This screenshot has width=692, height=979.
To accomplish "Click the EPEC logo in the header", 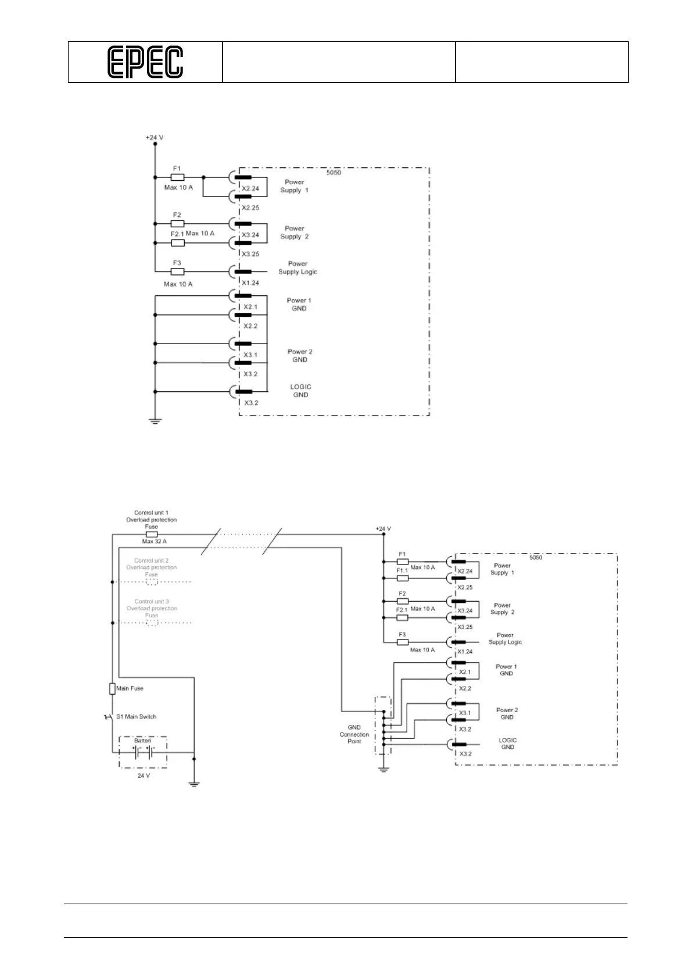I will (x=145, y=62).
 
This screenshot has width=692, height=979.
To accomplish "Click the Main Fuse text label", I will (x=130, y=688).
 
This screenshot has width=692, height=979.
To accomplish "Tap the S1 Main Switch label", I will (x=136, y=716).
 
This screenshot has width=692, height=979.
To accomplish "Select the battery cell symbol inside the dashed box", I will (x=143, y=752).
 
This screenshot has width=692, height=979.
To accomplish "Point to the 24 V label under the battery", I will (x=144, y=776).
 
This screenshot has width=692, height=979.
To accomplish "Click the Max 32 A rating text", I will (x=154, y=541).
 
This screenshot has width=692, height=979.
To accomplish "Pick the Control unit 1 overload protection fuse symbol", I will (x=151, y=534).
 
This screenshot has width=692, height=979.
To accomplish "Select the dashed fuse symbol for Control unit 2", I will (x=152, y=581).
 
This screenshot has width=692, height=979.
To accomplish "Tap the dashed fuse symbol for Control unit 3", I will (x=152, y=623).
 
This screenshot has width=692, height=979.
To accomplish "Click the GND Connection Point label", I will (x=354, y=734).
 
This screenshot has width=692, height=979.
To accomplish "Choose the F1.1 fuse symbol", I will (x=402, y=578).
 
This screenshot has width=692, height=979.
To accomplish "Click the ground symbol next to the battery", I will (x=194, y=784).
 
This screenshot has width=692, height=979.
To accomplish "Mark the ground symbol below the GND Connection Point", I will (x=383, y=770).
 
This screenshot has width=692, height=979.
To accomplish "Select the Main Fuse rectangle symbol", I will (x=112, y=689).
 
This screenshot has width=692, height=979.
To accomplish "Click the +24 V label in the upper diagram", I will (x=155, y=138).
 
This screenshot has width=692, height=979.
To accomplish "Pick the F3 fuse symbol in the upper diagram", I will (x=178, y=271).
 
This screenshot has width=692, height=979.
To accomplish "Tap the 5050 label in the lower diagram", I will (x=535, y=558).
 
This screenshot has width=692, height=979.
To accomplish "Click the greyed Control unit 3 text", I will (x=152, y=602).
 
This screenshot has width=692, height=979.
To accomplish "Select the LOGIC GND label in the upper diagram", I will (x=300, y=391).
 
